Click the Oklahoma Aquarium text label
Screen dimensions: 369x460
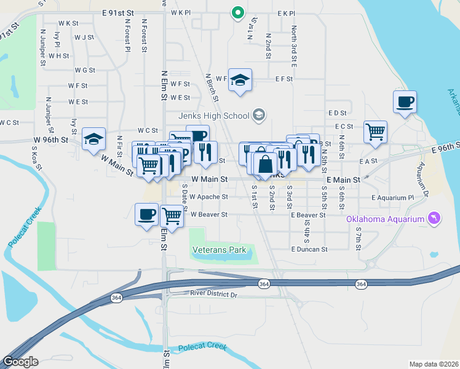point(386,219)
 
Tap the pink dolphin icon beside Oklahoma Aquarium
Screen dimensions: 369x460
point(434,219)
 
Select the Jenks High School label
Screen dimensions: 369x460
point(213,115)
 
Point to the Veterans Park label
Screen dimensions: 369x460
point(219,250)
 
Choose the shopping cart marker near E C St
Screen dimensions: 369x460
point(375,131)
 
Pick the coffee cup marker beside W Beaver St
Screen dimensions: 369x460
point(146,214)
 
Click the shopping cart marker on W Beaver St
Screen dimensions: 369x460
point(172,216)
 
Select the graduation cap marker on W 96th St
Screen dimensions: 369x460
point(93,138)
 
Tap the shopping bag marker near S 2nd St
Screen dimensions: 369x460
point(266,164)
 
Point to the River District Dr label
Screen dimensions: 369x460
point(213,295)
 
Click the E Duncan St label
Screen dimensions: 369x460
point(309,250)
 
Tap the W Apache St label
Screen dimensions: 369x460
point(208,197)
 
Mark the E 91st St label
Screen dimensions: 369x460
point(118,12)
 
